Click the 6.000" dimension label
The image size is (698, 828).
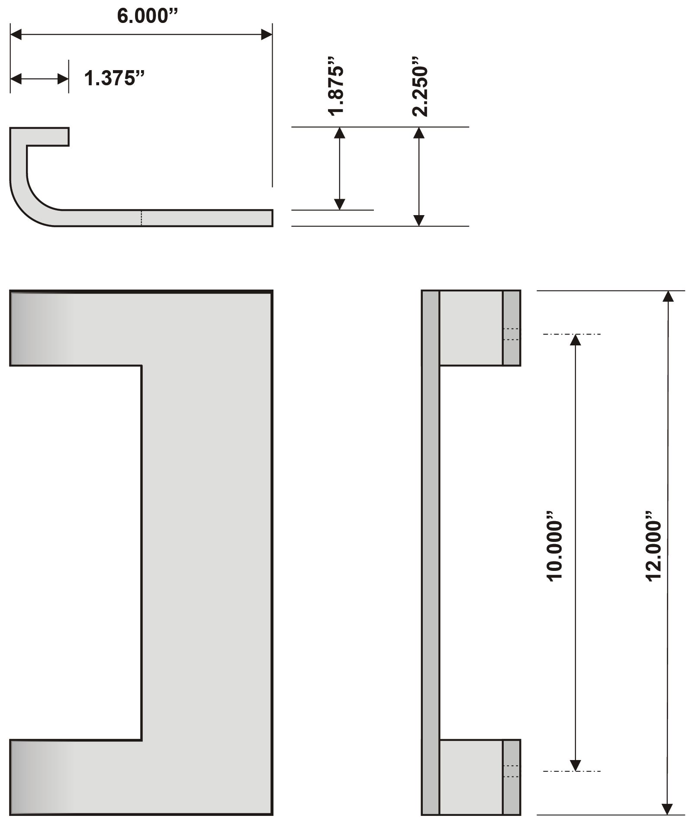148,16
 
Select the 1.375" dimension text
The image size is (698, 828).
114,78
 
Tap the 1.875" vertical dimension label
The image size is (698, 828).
336,90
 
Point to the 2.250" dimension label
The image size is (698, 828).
420,91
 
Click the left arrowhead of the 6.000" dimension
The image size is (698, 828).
16,35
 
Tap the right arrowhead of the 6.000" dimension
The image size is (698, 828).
267,35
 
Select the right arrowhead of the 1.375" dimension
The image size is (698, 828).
63,79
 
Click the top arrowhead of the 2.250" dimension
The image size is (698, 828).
418,133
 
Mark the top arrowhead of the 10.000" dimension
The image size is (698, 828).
575,340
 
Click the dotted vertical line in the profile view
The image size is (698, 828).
141,218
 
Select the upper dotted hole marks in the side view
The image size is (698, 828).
511,334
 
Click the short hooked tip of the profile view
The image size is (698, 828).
48,137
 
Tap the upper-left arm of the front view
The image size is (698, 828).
76,328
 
